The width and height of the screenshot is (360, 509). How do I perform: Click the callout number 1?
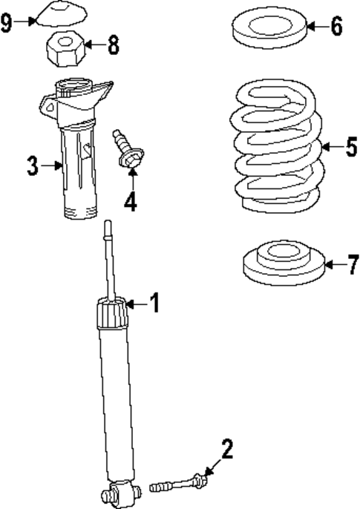[154, 303]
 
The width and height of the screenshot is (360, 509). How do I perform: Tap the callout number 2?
[226, 449]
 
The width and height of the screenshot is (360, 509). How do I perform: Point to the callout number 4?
[131, 200]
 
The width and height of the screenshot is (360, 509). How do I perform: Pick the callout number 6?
[336, 27]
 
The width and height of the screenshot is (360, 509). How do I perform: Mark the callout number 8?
[113, 45]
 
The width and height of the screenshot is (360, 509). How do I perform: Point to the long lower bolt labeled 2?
[178, 485]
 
